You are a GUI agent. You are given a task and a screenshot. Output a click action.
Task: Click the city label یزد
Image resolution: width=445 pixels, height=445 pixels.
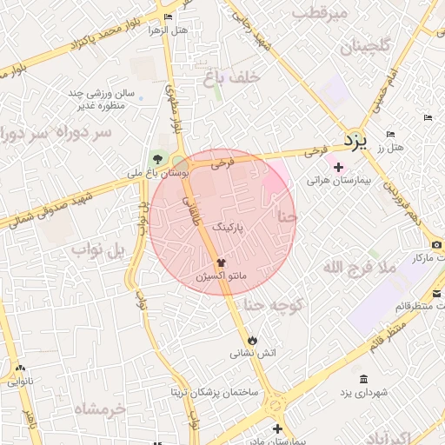tap(354, 139)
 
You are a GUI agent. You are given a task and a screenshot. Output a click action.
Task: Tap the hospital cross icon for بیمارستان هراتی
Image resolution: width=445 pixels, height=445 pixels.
tap(338, 167)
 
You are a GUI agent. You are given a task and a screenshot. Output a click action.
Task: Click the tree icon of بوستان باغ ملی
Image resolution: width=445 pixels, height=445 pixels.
tap(157, 159)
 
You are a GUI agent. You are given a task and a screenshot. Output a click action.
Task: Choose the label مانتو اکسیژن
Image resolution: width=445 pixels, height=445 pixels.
tap(221, 276)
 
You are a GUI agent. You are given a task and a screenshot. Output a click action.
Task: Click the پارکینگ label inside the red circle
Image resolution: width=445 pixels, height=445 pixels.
tap(228, 226)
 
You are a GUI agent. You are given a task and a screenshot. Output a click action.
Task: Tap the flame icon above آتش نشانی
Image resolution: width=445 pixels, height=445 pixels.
tap(252, 338)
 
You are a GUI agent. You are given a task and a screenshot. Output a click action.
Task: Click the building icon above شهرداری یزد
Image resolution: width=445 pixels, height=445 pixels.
tap(362, 379)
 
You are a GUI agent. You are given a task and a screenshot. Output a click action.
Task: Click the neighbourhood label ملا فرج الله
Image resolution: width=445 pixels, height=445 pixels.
tap(359, 267)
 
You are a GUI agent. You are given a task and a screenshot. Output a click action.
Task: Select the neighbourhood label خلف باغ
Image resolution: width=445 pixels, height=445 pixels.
tap(232, 78)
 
